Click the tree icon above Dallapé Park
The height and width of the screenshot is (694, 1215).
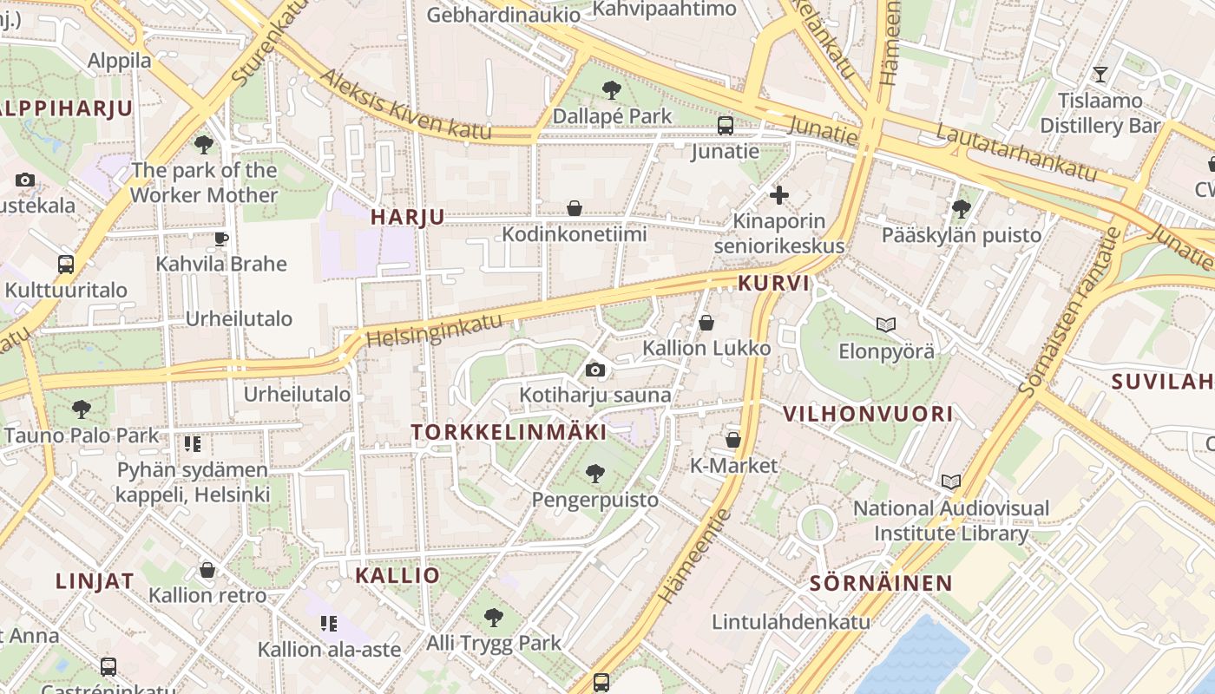click(612, 89)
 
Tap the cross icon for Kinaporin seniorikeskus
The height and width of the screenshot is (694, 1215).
click(779, 195)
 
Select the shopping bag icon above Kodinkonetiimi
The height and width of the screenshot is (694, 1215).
click(574, 208)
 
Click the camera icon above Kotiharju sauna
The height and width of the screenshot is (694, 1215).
click(594, 370)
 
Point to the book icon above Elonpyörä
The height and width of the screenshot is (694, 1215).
click(885, 325)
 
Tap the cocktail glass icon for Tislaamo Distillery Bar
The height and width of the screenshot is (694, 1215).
click(1100, 75)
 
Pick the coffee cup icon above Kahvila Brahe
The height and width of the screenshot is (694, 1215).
click(221, 239)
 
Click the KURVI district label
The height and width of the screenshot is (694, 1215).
click(773, 283)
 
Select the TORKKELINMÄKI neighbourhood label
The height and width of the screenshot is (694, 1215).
click(509, 431)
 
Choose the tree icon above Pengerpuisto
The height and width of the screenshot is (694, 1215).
click(594, 474)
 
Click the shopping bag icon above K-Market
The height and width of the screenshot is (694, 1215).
click(733, 440)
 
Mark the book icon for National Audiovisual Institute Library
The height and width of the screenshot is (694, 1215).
click(951, 481)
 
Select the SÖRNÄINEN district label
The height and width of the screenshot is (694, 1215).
click(881, 583)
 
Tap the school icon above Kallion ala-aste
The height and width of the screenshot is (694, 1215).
click(328, 623)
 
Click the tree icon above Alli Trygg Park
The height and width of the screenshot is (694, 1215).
click(493, 618)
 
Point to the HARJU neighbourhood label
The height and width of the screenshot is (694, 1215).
click(408, 217)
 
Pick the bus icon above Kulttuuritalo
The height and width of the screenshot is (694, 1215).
click(66, 265)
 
